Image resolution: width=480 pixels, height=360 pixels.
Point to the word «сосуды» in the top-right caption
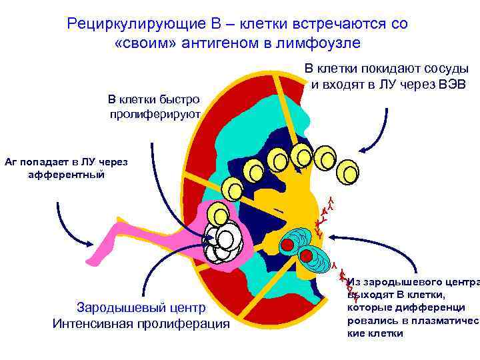446,69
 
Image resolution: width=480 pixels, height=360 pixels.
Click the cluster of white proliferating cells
224,243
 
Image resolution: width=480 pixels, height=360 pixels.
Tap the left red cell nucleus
287,245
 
